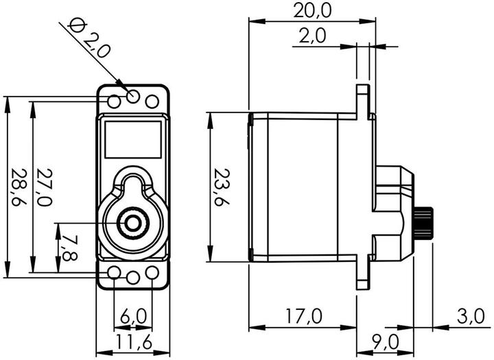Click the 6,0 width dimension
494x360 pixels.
(133, 316)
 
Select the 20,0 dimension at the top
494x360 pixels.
(313, 10)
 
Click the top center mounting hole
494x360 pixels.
(133, 97)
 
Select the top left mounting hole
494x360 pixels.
(115, 102)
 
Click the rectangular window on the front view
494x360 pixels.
(133, 138)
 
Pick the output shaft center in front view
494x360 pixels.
(130, 222)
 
